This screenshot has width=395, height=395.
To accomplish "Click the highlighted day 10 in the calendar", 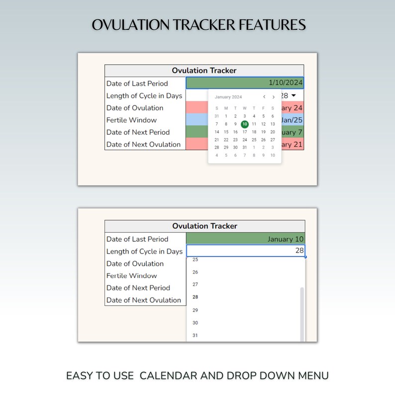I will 244,124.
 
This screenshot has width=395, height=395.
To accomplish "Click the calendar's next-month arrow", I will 273,97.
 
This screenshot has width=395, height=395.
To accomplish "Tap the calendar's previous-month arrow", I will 264,97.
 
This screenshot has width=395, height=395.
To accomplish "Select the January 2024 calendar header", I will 228,97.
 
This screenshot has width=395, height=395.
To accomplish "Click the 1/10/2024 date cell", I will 244,83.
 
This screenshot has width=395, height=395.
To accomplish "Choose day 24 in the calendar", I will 244,140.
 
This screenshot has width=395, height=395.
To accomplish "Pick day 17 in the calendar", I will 244,132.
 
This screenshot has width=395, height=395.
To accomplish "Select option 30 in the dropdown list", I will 195,323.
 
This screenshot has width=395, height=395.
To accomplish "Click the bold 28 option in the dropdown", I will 195,297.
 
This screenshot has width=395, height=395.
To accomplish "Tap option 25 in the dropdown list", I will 195,260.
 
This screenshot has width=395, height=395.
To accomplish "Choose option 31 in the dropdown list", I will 195,335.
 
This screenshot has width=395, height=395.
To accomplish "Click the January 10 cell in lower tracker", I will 245,239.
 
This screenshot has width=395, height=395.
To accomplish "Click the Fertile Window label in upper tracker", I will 131,120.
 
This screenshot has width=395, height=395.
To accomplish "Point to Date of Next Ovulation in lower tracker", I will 143,300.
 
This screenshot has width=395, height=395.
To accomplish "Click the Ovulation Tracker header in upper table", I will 204,71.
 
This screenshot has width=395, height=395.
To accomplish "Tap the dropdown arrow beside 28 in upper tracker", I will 294,96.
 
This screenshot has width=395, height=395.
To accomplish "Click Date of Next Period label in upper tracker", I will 138,132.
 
